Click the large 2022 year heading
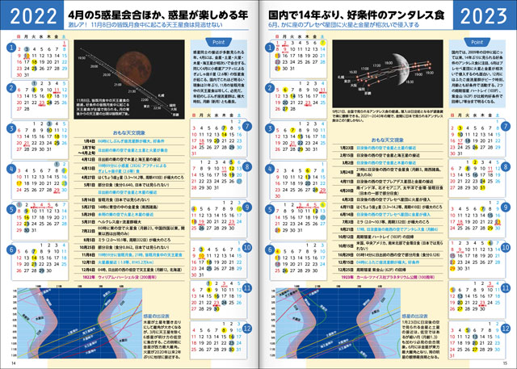click(x=31, y=16)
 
